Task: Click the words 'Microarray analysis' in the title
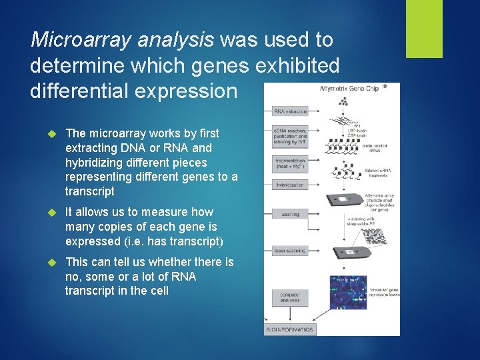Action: click(x=122, y=40)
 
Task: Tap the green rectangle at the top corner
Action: click(x=425, y=28)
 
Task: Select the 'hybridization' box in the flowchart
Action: click(x=289, y=185)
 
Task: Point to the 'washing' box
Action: click(x=289, y=214)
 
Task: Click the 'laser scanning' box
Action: click(x=289, y=251)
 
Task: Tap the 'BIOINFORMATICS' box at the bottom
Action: click(x=289, y=329)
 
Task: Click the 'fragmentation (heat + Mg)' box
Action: click(x=289, y=165)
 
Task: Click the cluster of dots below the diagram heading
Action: click(x=344, y=102)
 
